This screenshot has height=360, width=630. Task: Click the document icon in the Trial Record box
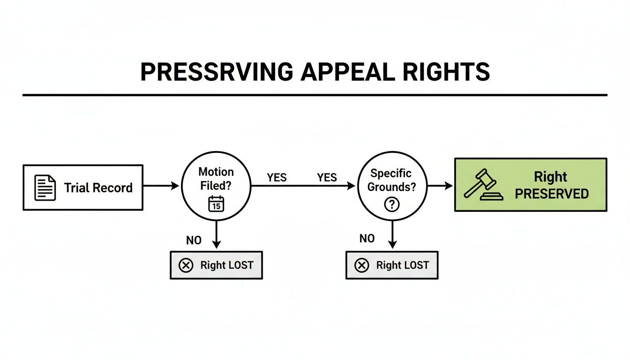[45, 187]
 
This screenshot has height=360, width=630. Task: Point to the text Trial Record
[98, 188]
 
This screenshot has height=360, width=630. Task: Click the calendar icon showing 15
[216, 204]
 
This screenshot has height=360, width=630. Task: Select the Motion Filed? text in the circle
[216, 179]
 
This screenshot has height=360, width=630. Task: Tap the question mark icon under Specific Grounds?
[391, 204]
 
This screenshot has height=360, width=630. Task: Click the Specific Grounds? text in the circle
[391, 180]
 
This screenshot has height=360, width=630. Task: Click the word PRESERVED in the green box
[552, 194]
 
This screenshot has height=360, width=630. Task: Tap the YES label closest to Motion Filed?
[277, 177]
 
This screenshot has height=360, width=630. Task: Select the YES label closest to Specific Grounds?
[327, 177]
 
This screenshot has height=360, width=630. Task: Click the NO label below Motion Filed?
[194, 240]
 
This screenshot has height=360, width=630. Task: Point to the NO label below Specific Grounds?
[367, 239]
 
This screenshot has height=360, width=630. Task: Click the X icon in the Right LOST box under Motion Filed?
[186, 265]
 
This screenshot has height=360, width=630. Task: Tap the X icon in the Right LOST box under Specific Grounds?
[361, 265]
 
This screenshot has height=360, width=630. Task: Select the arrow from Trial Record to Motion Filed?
[161, 186]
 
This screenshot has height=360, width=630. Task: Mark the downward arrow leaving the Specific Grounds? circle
[392, 234]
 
